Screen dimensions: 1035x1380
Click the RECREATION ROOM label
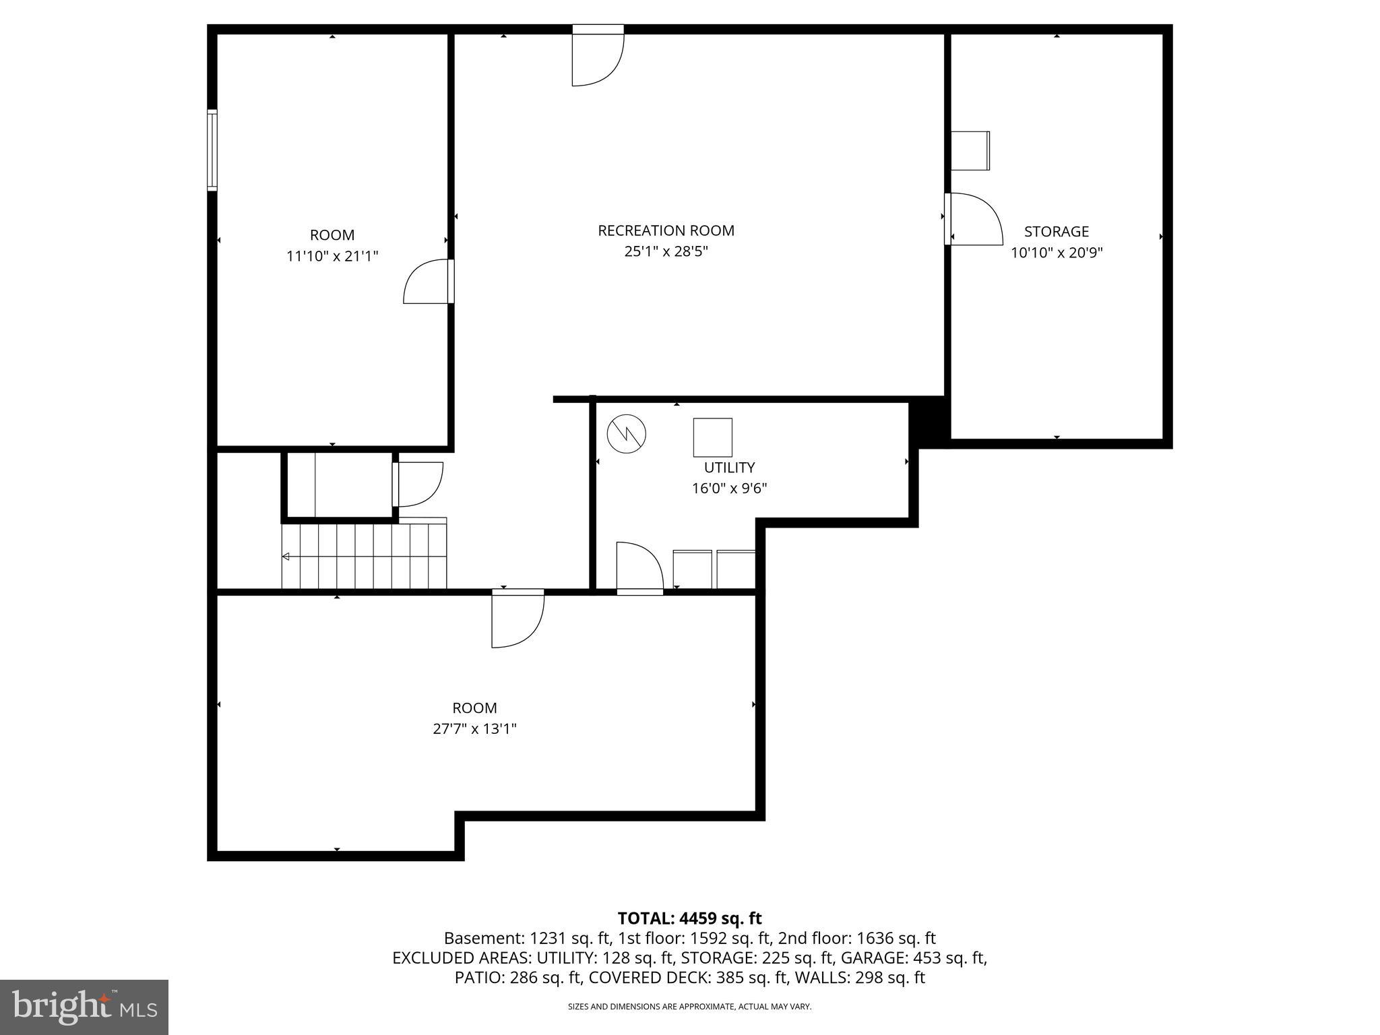[666, 230]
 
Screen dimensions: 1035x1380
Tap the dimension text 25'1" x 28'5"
[666, 251]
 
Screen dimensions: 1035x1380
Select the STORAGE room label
[1056, 232]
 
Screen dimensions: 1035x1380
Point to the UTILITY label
[729, 467]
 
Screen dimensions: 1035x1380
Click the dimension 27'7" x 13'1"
[474, 728]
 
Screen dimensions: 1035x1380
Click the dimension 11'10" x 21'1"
[332, 256]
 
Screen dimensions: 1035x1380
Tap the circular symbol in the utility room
[627, 434]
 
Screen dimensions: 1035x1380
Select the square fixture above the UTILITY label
[712, 437]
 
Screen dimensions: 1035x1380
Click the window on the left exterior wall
[212, 150]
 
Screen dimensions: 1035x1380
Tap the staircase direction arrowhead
[286, 557]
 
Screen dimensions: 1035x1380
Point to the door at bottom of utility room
[639, 567]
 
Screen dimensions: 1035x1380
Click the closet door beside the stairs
[418, 484]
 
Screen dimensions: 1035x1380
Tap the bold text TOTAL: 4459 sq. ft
[689, 918]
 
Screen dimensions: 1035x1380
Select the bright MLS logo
[84, 1007]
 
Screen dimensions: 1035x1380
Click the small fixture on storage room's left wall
[970, 150]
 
